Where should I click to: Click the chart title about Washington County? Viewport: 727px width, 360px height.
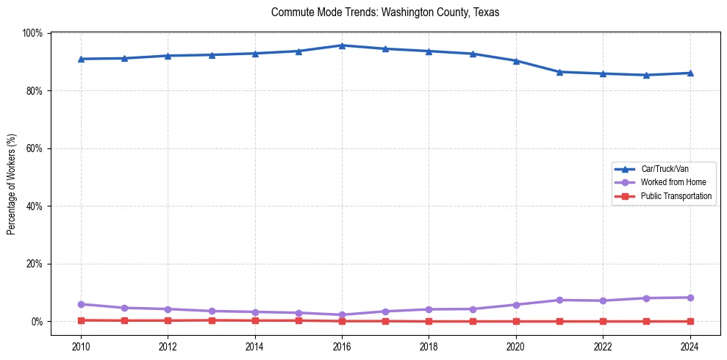point(385,12)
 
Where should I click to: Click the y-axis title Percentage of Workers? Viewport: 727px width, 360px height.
point(12,184)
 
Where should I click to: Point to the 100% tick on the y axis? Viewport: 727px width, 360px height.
point(32,33)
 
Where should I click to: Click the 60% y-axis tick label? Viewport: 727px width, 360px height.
point(34,148)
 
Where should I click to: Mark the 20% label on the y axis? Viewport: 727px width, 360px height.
point(34,264)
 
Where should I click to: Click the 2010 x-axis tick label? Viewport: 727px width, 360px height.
point(81,347)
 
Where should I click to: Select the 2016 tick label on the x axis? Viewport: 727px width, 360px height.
point(342,347)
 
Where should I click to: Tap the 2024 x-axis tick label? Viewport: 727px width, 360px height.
point(690,347)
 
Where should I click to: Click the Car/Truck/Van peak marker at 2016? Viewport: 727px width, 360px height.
point(342,46)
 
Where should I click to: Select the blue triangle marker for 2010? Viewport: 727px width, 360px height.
point(81,59)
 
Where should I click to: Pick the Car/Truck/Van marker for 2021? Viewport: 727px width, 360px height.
point(559,72)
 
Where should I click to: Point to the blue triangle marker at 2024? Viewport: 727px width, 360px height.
point(690,73)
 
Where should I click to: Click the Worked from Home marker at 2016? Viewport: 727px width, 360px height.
point(342,315)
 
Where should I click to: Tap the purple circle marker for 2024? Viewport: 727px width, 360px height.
point(690,298)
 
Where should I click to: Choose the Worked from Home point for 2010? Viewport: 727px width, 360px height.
point(81,304)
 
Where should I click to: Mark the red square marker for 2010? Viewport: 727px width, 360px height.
point(81,320)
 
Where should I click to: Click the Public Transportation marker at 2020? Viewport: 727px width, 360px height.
point(516,321)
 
